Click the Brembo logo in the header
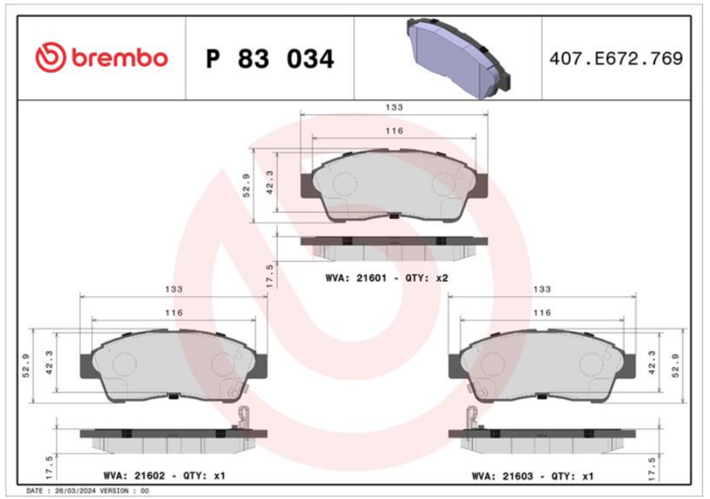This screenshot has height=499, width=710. pyautogui.click(x=101, y=58)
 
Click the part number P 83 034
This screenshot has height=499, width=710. pyautogui.click(x=270, y=58)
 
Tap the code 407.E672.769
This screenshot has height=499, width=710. pyautogui.click(x=616, y=58)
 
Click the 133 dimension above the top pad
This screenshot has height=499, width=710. pyautogui.click(x=394, y=107)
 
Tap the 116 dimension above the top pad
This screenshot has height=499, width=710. pyautogui.click(x=394, y=131)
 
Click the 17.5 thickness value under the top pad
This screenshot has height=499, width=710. pyautogui.click(x=270, y=276)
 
